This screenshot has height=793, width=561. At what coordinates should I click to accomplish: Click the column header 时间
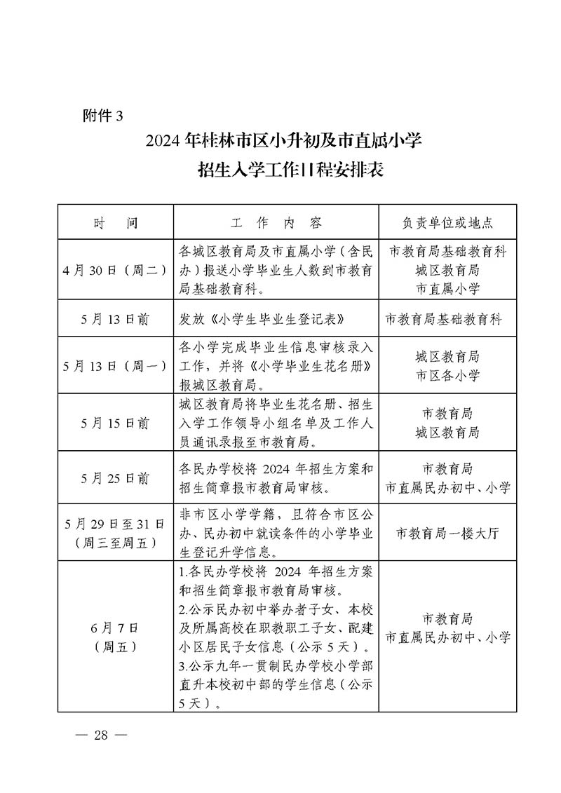116,223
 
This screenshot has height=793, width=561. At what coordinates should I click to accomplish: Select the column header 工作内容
276,223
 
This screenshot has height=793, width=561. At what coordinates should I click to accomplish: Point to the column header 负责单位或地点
447,223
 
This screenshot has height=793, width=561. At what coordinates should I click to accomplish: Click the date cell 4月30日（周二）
116,270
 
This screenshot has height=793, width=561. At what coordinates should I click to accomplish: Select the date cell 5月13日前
116,319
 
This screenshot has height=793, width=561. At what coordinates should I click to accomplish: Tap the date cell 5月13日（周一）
116,366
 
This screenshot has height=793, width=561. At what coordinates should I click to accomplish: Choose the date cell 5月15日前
116,423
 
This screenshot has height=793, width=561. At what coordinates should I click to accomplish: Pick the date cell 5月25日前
116,478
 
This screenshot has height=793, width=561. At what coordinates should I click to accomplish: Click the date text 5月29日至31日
116,524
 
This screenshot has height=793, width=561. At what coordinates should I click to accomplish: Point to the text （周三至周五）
116,542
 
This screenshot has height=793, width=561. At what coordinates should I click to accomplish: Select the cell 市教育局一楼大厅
447,533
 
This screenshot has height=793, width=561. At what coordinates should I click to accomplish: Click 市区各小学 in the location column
447,376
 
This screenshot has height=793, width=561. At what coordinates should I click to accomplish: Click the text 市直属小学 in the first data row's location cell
447,288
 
